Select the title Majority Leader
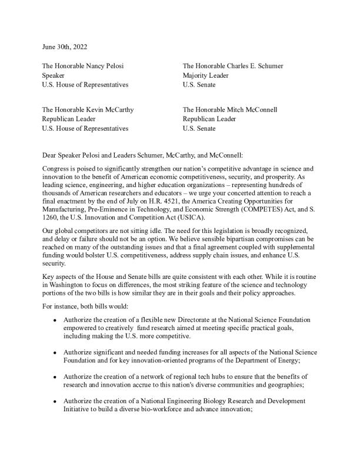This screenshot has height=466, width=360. pyautogui.click(x=206, y=75)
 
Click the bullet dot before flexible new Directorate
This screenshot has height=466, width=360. pyautogui.click(x=54, y=319)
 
